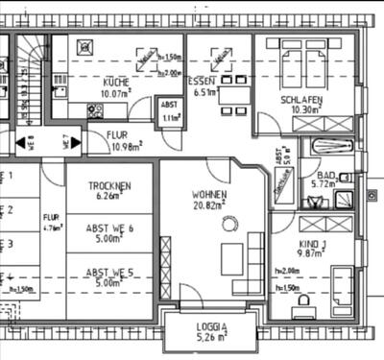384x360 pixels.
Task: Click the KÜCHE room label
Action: click(116, 83)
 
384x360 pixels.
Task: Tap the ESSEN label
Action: click(202, 82)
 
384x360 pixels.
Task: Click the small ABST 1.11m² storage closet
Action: click(171, 111)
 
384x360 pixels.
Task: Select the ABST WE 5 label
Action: click(109, 272)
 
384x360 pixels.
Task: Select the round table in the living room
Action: click(229, 224)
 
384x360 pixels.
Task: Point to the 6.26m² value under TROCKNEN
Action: click(109, 195)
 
